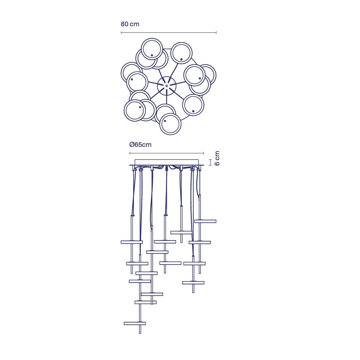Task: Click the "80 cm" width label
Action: pyautogui.click(x=130, y=24)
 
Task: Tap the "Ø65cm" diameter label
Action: pyautogui.click(x=140, y=145)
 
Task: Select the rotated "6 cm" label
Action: pyautogui.click(x=217, y=158)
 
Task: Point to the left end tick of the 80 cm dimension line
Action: pyautogui.click(x=121, y=33)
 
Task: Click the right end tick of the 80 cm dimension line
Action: pyautogui.click(x=216, y=33)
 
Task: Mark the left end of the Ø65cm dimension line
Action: pyautogui.click(x=130, y=153)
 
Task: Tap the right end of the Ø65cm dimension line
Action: pyautogui.click(x=203, y=153)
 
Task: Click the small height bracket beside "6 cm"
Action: pyautogui.click(x=210, y=163)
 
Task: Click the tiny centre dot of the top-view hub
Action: pyautogui.click(x=166, y=86)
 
